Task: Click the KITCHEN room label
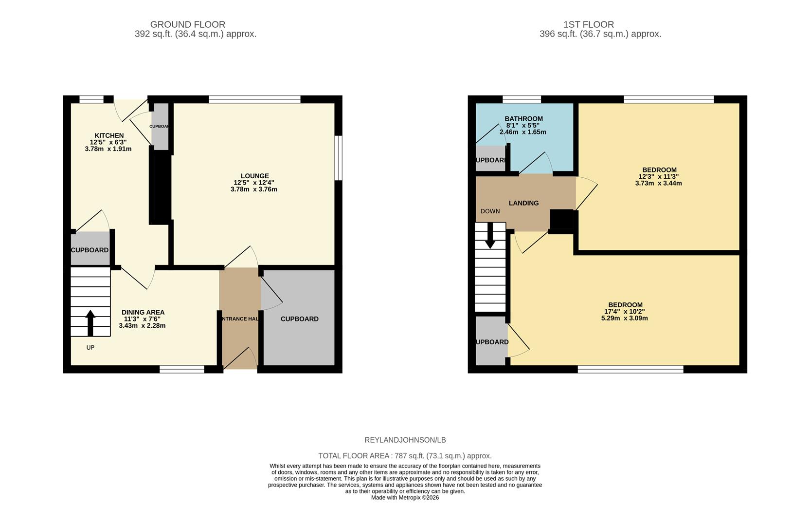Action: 109,135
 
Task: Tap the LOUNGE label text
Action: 254,176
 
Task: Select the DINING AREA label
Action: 143,312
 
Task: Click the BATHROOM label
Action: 523,118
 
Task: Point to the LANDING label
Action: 523,203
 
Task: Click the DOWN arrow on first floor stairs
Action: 490,236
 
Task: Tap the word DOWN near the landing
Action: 490,211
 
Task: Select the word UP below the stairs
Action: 90,348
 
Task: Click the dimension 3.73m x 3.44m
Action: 658,184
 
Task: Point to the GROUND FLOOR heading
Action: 187,24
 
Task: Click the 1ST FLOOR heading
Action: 588,24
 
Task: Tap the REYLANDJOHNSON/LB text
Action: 405,440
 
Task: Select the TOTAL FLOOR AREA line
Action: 405,456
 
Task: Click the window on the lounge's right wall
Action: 339,158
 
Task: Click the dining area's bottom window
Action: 182,370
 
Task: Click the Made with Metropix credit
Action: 405,498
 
